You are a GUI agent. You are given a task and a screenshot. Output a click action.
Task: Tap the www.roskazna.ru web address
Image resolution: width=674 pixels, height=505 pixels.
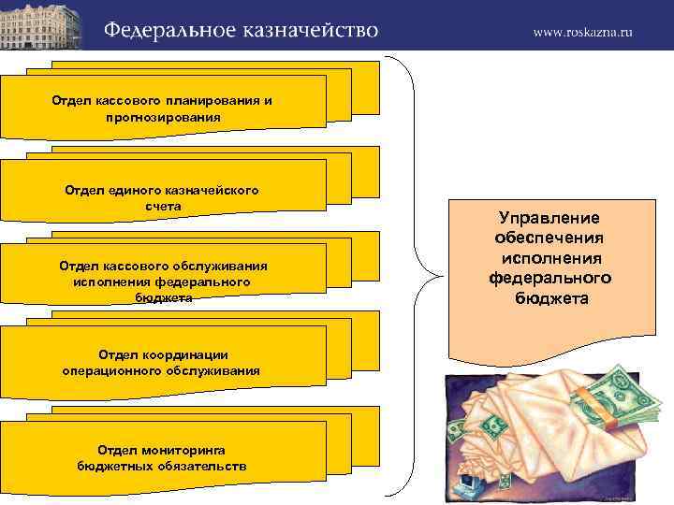[582, 32]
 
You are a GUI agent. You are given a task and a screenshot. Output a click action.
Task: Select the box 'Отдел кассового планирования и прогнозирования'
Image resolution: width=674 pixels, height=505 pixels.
[163, 108]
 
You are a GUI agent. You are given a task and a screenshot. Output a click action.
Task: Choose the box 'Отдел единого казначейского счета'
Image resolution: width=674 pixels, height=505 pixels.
[163, 196]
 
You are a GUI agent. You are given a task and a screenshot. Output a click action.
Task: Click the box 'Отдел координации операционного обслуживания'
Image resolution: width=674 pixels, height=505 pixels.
[163, 363]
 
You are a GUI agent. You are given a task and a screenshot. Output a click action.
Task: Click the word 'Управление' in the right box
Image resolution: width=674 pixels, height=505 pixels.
[549, 218]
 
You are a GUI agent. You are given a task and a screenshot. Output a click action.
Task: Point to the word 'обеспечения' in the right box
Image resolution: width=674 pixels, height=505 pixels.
[549, 238]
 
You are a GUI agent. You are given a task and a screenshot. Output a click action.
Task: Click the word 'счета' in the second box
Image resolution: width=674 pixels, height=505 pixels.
[162, 205]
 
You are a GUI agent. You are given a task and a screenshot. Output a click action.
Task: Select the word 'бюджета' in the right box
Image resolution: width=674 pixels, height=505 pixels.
[550, 298]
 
